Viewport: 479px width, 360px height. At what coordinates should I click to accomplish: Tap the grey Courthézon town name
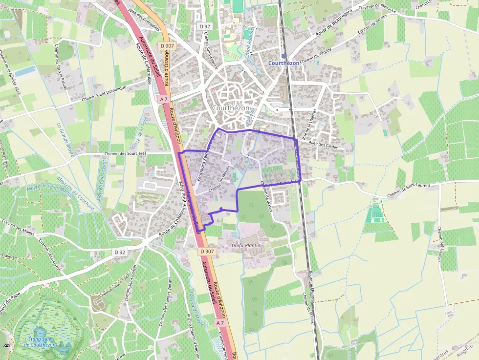tap(231, 108)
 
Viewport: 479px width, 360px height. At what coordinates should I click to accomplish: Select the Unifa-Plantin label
tap(246, 245)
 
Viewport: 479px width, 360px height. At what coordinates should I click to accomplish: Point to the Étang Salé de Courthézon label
tap(40, 341)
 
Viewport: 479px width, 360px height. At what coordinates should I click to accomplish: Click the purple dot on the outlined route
tap(221, 209)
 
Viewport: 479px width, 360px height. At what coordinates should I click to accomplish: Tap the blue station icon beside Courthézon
tap(284, 56)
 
